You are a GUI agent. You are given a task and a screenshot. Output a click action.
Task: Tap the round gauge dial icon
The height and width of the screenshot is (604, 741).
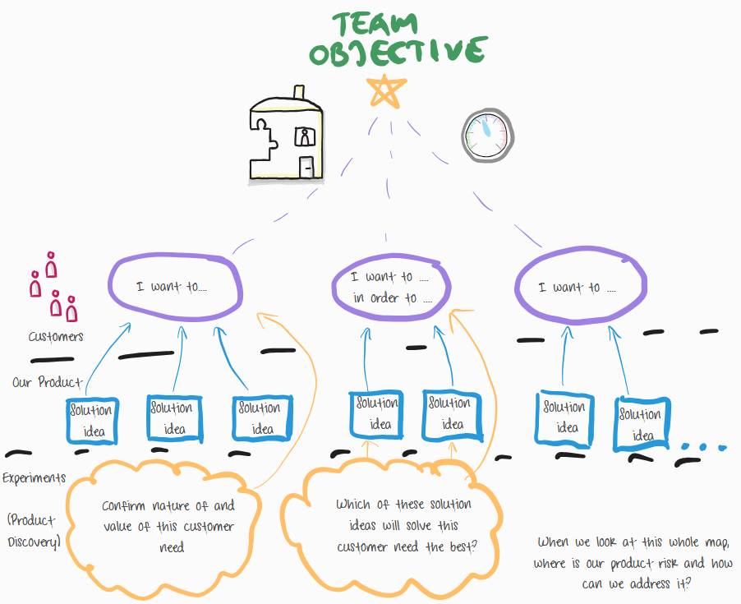pyautogui.click(x=487, y=135)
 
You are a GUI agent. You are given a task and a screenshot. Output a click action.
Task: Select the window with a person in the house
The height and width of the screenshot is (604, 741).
pyautogui.click(x=304, y=137)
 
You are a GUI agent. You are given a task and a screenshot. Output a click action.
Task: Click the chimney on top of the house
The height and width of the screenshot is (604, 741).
pyautogui.click(x=298, y=92)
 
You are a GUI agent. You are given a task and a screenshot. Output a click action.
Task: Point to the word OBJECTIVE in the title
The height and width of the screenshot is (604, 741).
pyautogui.click(x=396, y=53)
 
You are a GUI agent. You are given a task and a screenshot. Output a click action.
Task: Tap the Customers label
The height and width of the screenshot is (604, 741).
pyautogui.click(x=56, y=337)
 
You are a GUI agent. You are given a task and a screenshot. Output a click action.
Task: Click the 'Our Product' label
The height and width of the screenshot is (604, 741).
pyautogui.click(x=48, y=383)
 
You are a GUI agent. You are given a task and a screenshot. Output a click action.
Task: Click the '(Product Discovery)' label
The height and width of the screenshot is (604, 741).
pyautogui.click(x=34, y=531)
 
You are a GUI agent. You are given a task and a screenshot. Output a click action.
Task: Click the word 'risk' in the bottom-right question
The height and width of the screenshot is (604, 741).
pyautogui.click(x=648, y=563)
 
